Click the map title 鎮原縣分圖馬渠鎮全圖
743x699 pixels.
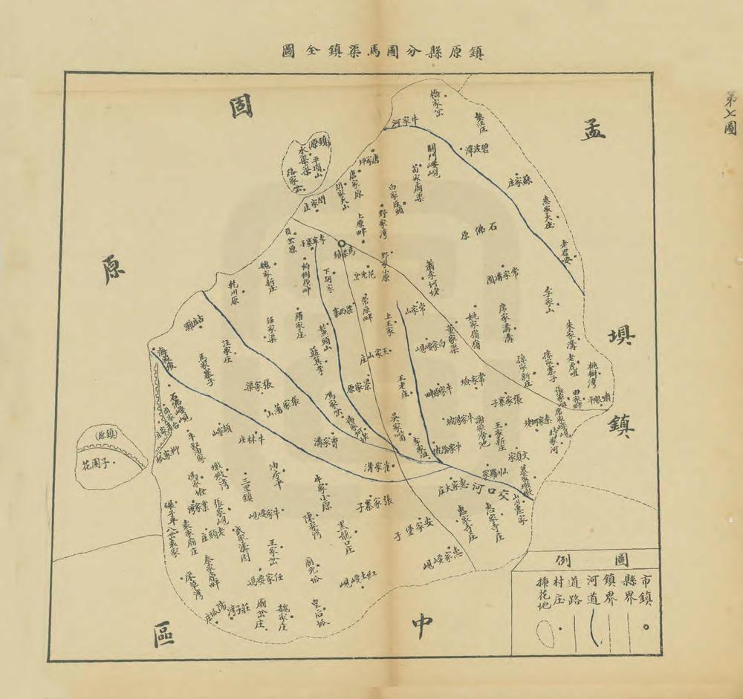(x=382, y=52)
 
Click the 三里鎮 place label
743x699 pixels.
(x=247, y=490)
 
